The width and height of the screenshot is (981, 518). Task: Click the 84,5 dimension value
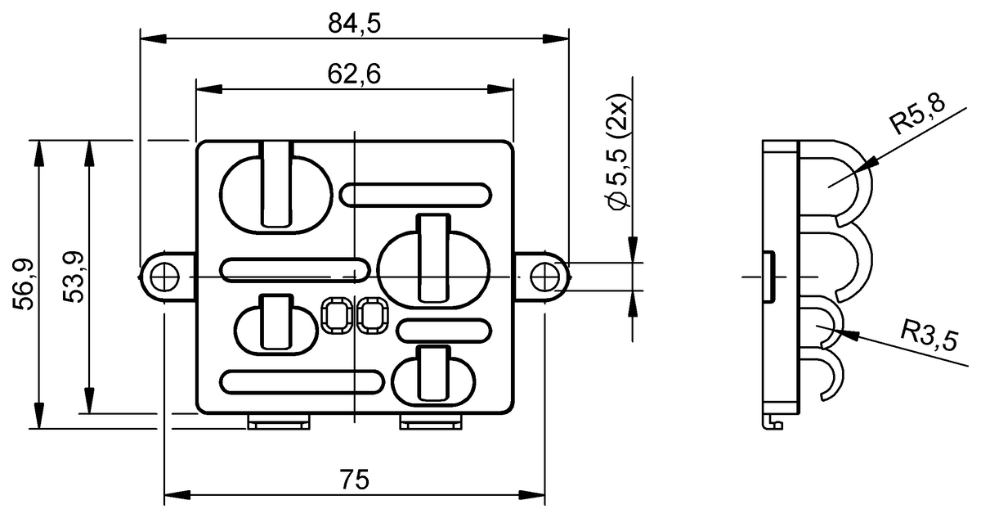coord(355,24)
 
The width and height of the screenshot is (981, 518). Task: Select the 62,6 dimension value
coord(355,74)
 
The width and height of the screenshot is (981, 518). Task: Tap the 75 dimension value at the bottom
coord(355,479)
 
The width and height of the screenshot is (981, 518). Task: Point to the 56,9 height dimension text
coord(22,283)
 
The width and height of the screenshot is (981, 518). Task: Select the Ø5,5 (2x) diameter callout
coord(618,155)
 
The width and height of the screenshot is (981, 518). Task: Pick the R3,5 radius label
coord(929,334)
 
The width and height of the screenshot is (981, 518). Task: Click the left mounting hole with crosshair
coord(165,278)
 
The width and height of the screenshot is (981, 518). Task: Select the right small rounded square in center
coord(373,315)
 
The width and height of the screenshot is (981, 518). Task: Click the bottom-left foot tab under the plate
coord(279,422)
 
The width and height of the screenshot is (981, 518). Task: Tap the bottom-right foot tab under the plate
coord(431,422)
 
